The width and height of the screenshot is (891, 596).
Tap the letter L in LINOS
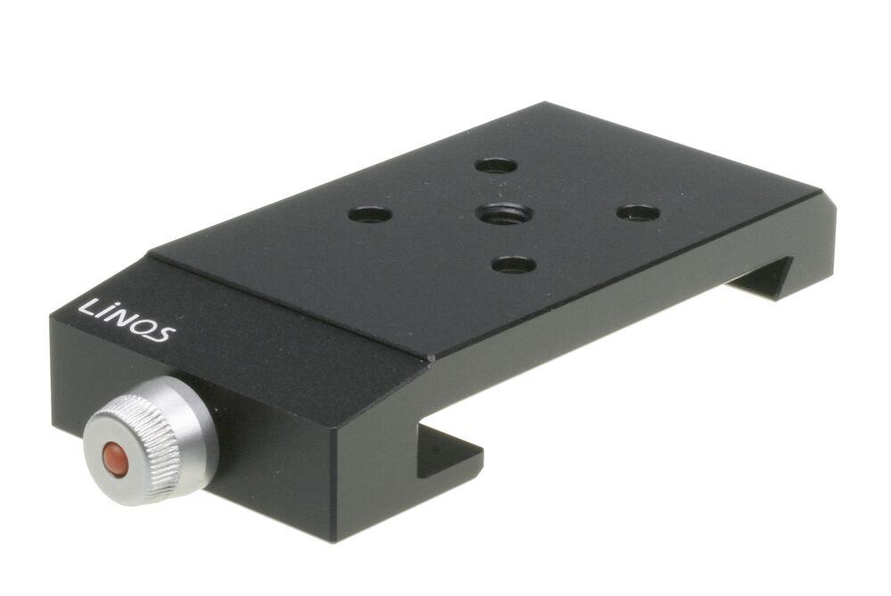tap(88, 307)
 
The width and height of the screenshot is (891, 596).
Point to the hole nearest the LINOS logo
tap(370, 215)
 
